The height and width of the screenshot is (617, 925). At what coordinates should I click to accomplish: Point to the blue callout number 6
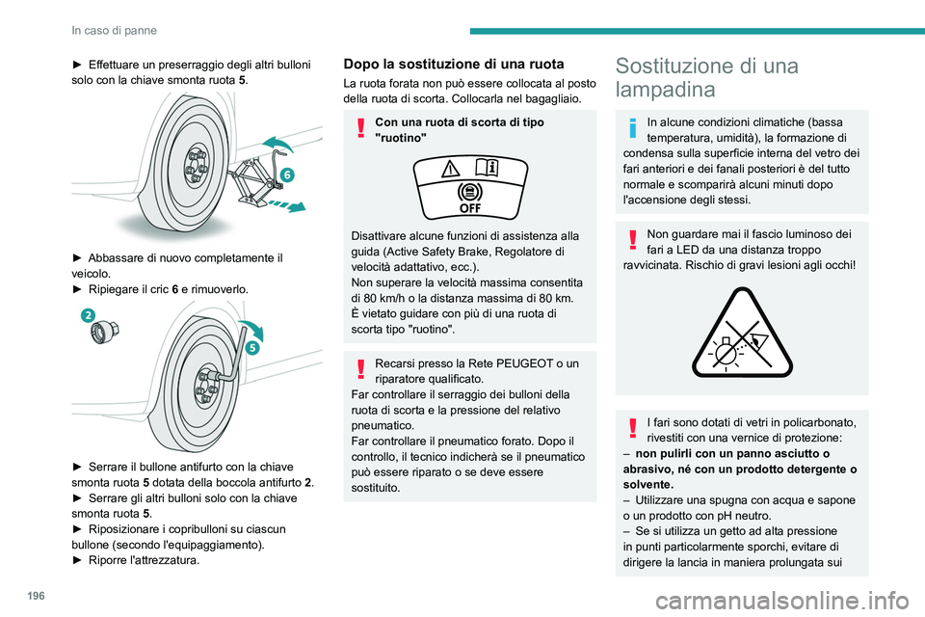pyautogui.click(x=286, y=174)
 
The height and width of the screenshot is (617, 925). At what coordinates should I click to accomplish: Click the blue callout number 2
pyautogui.click(x=87, y=314)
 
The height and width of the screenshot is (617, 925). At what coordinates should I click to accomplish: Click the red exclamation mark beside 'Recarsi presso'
pyautogui.click(x=357, y=367)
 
